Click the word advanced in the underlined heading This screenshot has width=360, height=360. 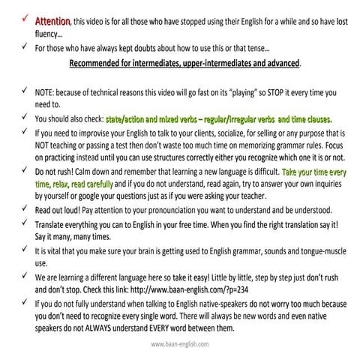pyautogui.click(x=274, y=63)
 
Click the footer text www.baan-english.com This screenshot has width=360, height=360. pyautogui.click(x=180, y=345)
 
